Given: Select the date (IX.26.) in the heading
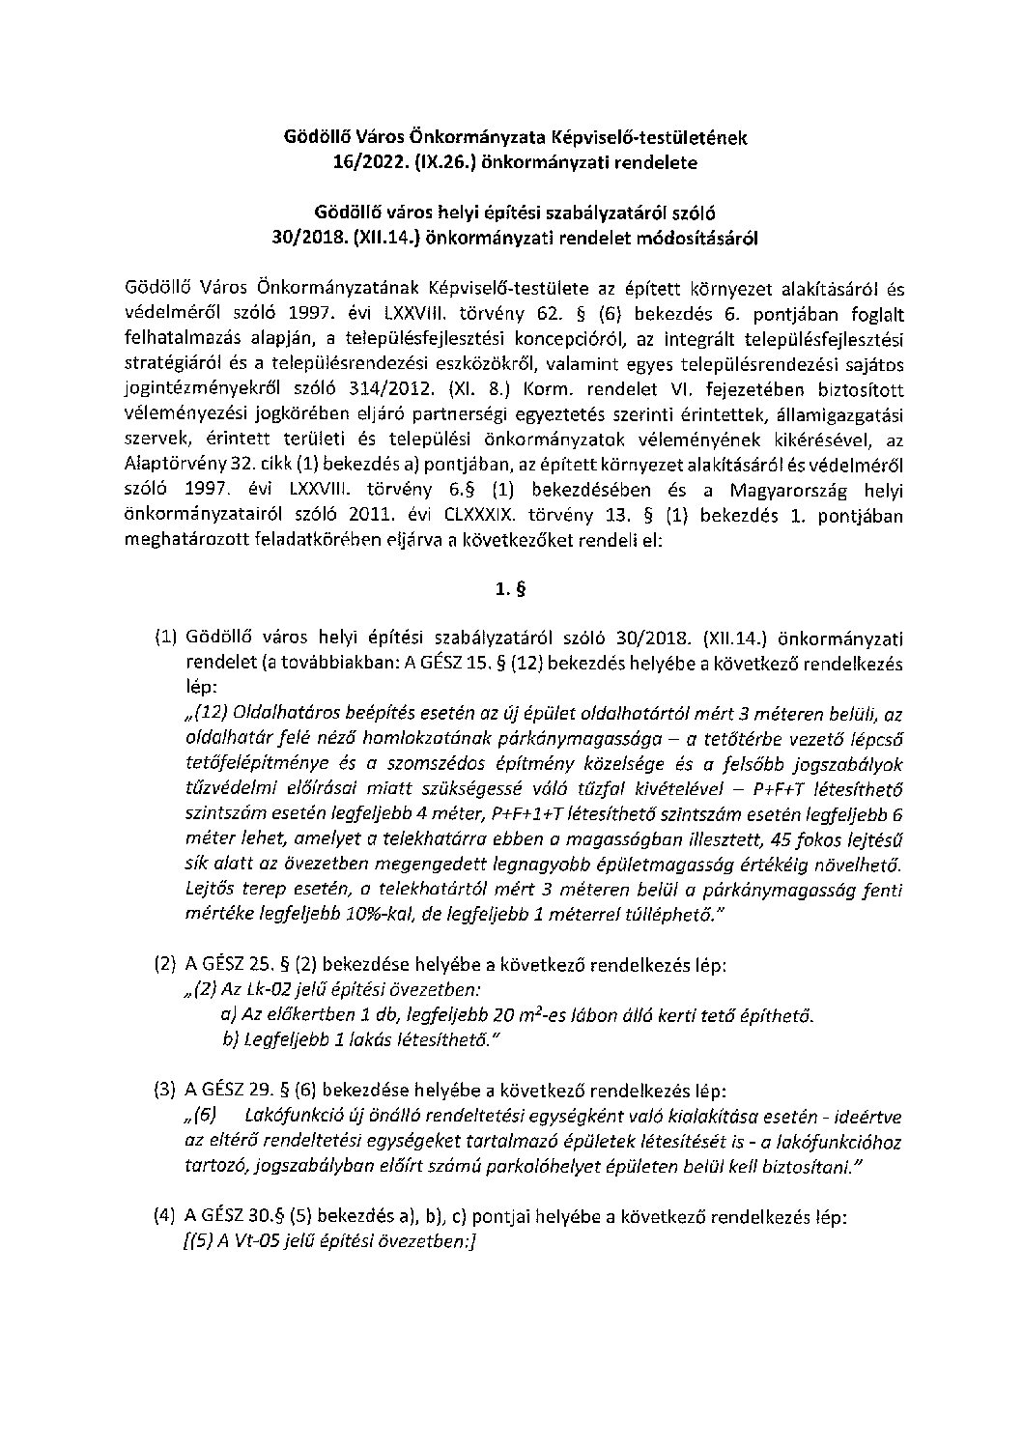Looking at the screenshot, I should point(425,163).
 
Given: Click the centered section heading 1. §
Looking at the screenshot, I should point(511,587).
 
